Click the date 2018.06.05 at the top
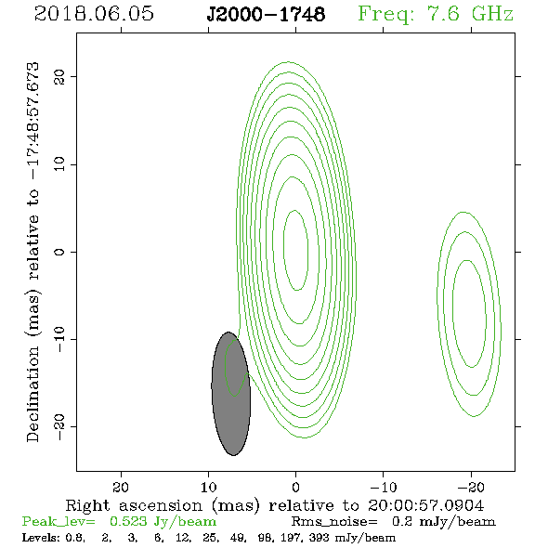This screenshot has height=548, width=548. (x=94, y=14)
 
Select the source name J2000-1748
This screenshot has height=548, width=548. (x=266, y=14)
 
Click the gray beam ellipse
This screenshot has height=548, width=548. (x=231, y=394)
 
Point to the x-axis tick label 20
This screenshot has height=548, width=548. (x=121, y=487)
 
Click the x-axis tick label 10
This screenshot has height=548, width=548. (x=209, y=487)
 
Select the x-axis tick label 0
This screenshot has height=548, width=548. (x=296, y=487)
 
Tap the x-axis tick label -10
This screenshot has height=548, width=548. (x=384, y=487)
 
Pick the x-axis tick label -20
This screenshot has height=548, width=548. (x=471, y=487)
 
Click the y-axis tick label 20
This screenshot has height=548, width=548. (x=59, y=77)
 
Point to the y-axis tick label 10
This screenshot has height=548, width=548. (x=59, y=164)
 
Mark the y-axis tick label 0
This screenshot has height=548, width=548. (x=59, y=252)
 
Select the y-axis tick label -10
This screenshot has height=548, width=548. (x=59, y=339)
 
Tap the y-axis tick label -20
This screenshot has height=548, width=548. (x=59, y=426)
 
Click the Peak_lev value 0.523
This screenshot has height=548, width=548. (x=128, y=521)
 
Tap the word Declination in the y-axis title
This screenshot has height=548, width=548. (x=33, y=395)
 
